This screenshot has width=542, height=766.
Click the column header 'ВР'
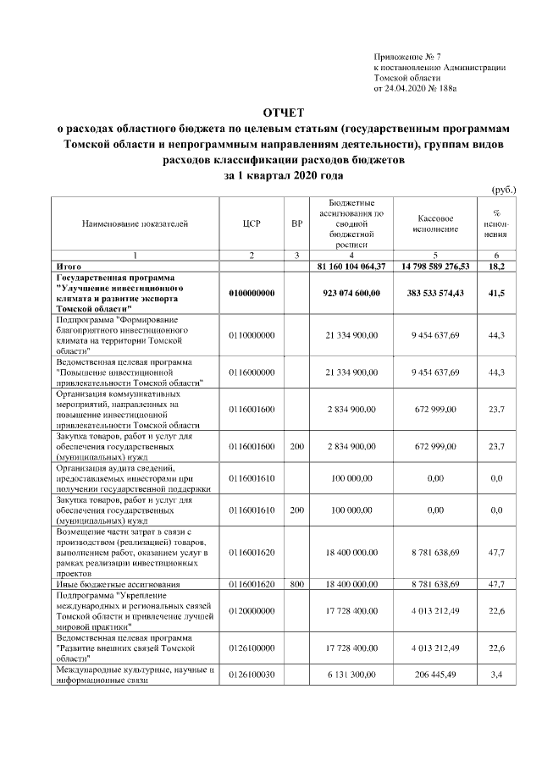point(296,224)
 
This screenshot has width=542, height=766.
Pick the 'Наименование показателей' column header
point(135,224)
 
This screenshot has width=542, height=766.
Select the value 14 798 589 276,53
point(435,267)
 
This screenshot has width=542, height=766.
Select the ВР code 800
point(296,584)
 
